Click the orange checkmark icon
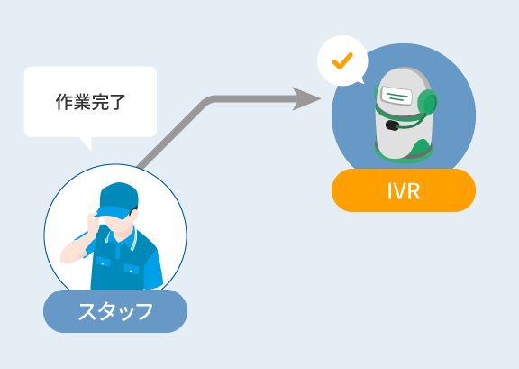click(x=342, y=61)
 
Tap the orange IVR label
click(x=404, y=190)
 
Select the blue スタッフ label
click(x=115, y=311)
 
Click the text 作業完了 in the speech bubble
click(x=90, y=102)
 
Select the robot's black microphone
click(x=392, y=125)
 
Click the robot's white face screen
click(x=396, y=96)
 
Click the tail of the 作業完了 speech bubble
click(x=86, y=143)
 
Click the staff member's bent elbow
click(x=66, y=257)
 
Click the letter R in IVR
click(x=413, y=191)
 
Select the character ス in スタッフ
click(x=86, y=311)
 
